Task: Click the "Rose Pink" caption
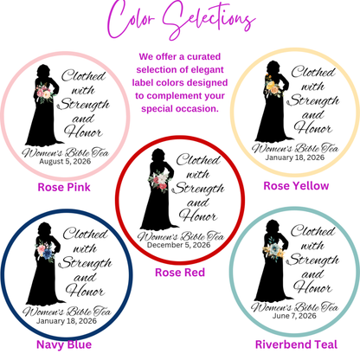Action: tap(64, 187)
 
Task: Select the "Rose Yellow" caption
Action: tap(296, 186)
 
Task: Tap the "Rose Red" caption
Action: tap(180, 273)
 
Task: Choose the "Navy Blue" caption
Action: tap(64, 344)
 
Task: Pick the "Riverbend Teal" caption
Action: tap(296, 344)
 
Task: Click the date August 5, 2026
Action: tap(65, 161)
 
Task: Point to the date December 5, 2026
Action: tap(179, 245)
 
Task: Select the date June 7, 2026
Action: tap(294, 316)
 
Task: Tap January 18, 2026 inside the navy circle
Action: tap(67, 321)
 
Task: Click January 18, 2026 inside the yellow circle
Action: tap(295, 157)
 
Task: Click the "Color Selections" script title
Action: tap(181, 20)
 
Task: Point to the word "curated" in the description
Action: tap(204, 56)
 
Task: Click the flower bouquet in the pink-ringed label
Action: tap(45, 93)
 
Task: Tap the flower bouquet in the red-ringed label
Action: tap(158, 180)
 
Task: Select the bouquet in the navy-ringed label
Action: tap(46, 252)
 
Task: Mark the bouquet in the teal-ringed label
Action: tap(273, 250)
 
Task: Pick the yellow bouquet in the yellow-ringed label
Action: tap(273, 87)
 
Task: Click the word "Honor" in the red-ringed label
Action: tap(198, 215)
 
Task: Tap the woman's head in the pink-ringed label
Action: tap(43, 71)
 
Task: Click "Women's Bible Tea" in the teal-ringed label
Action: tap(294, 306)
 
